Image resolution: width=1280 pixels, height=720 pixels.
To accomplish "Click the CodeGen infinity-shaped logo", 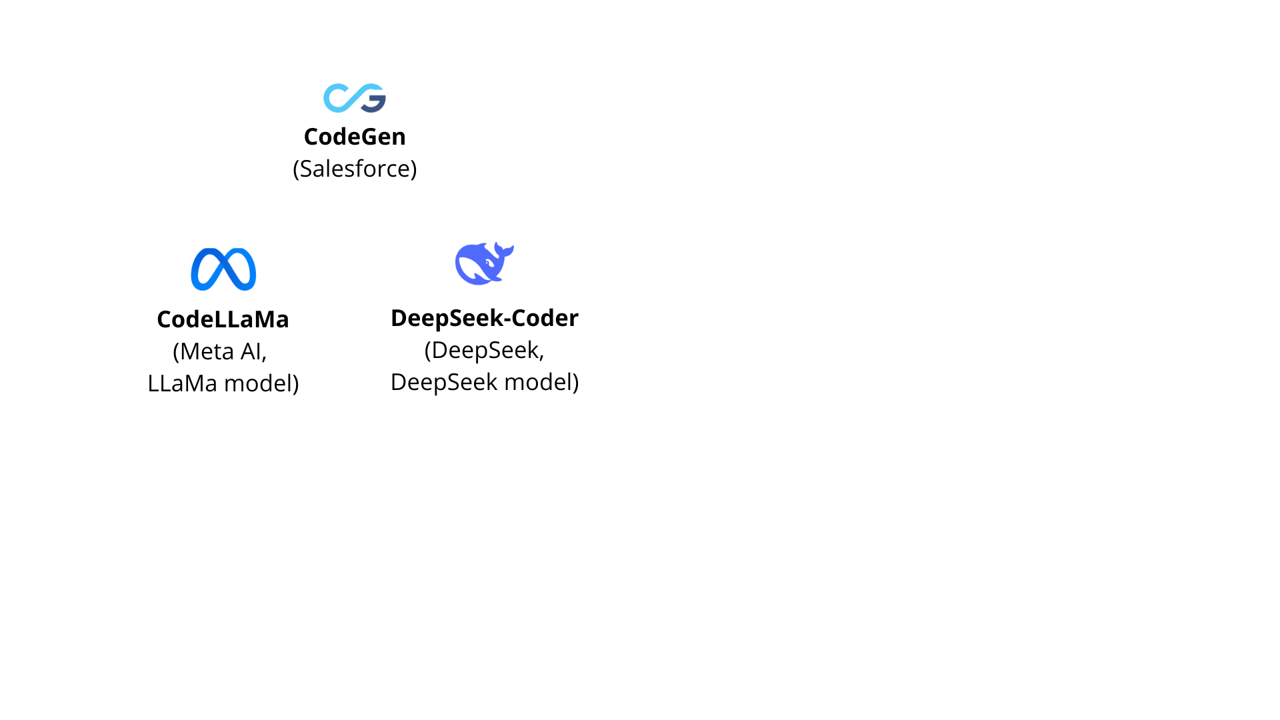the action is click(x=355, y=98).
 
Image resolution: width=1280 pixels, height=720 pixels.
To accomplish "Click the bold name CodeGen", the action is click(x=355, y=137).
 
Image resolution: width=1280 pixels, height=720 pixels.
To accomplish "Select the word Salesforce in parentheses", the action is click(x=355, y=169).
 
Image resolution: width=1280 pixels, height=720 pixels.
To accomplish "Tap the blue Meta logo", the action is click(x=223, y=269).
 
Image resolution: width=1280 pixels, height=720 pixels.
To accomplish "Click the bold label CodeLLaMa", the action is click(x=223, y=319).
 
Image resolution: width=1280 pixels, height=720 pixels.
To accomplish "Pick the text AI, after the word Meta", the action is click(x=253, y=352).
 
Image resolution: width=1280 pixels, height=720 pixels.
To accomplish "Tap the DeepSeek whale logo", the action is click(x=484, y=263).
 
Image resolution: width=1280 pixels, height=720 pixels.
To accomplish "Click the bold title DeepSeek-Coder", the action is click(x=485, y=318).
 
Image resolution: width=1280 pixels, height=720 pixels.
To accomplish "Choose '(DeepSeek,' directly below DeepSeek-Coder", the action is click(x=485, y=350).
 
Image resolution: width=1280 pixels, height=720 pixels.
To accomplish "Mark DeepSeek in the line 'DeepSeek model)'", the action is click(x=444, y=382).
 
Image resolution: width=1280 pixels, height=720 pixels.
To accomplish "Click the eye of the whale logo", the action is click(x=490, y=262).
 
